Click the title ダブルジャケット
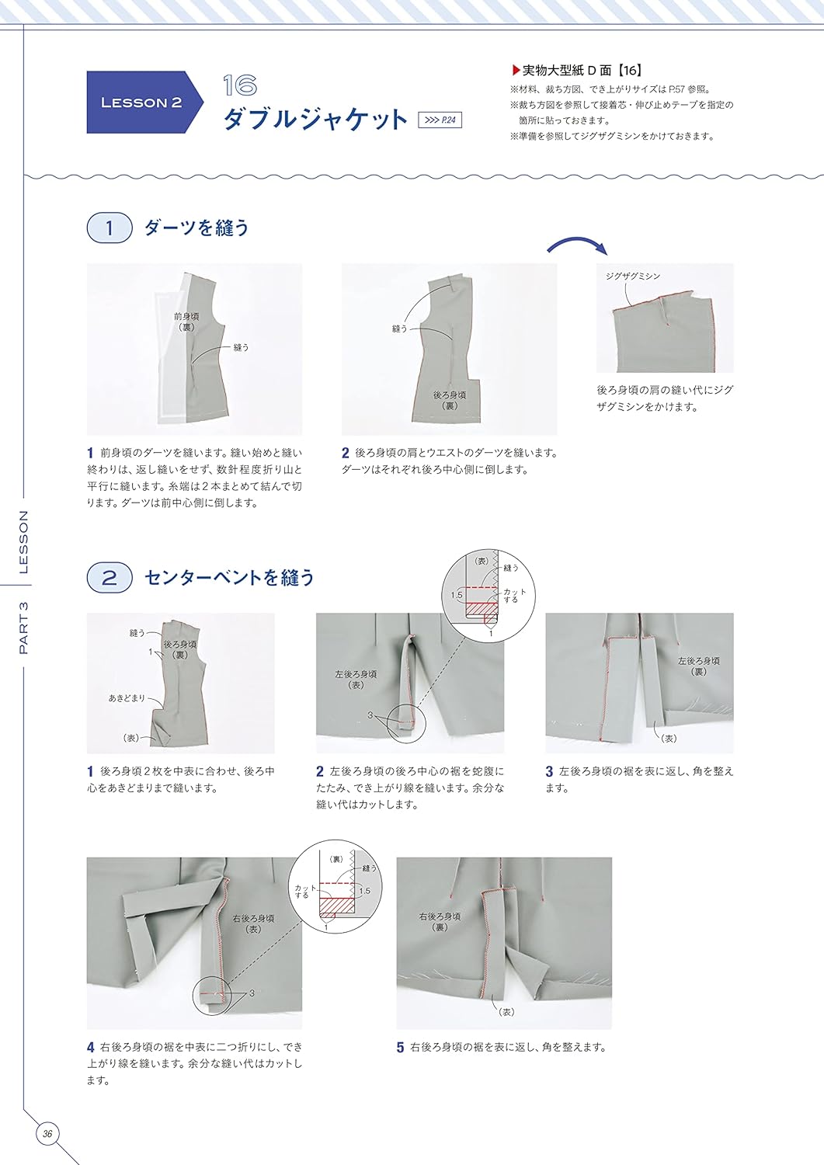[x=315, y=120]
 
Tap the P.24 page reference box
[x=440, y=120]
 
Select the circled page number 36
[x=47, y=1134]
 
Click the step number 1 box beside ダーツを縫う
[x=109, y=228]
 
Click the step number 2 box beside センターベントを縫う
[x=109, y=578]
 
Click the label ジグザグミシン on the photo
[x=633, y=276]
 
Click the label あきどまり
[x=127, y=698]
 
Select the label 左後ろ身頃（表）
[x=355, y=680]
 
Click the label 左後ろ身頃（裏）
[x=698, y=666]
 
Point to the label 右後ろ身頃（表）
[x=252, y=923]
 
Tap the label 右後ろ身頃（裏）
[x=440, y=921]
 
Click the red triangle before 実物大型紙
[x=516, y=70]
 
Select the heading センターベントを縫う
[x=230, y=578]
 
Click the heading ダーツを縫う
[x=197, y=228]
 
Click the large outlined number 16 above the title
[x=239, y=85]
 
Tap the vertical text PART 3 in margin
[x=23, y=627]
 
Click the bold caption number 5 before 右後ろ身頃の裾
[x=400, y=1048]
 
